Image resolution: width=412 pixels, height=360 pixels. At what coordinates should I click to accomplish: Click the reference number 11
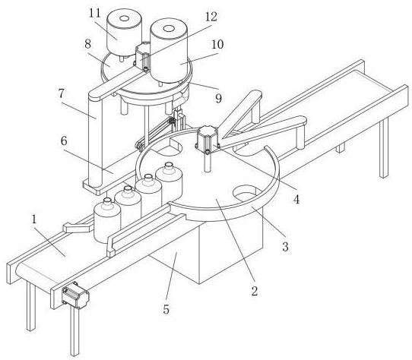coord(94,13)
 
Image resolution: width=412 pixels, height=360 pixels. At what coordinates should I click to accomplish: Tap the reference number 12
coord(211,17)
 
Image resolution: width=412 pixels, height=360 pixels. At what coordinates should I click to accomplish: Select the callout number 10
coord(217,44)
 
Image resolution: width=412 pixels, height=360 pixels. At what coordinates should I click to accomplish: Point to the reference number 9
coord(219,99)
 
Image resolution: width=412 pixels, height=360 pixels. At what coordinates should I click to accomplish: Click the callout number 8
coord(87,44)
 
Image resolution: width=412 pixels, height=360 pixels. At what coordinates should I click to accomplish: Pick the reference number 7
coord(62,93)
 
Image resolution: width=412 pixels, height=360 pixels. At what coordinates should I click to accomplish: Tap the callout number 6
coord(64,141)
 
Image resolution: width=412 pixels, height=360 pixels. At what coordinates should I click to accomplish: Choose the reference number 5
coord(166,309)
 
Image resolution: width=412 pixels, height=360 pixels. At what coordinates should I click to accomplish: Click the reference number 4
coord(296,200)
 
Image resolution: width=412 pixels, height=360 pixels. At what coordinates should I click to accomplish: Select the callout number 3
coord(285,247)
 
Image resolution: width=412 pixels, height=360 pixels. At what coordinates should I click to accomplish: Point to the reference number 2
coord(255,291)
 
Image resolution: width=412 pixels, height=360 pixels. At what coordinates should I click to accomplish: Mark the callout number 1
coord(34,219)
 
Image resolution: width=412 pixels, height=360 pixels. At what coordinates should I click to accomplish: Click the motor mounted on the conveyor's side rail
coord(75,297)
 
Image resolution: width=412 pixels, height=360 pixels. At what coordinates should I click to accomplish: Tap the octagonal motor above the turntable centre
coord(208,139)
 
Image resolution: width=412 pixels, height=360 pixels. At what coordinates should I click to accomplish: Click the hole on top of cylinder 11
coord(124,18)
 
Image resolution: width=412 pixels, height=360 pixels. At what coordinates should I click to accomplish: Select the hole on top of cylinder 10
coord(169,28)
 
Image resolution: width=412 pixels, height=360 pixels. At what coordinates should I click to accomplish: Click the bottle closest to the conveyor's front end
coord(107,221)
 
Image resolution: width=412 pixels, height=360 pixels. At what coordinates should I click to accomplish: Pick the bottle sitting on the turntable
coord(169,182)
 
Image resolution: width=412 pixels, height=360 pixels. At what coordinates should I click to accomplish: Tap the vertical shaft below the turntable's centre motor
coord(208,163)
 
